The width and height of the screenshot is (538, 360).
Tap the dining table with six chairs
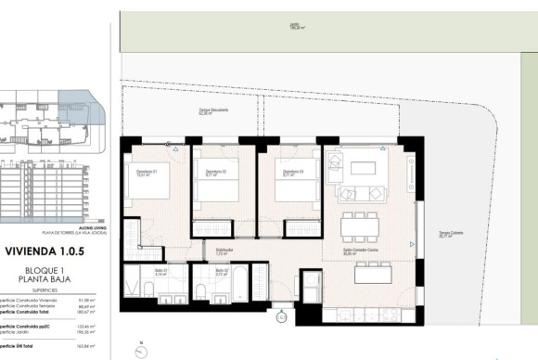(360, 225)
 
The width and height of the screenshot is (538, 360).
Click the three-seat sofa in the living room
(363, 194)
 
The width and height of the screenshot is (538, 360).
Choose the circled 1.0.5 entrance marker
(280, 317)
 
